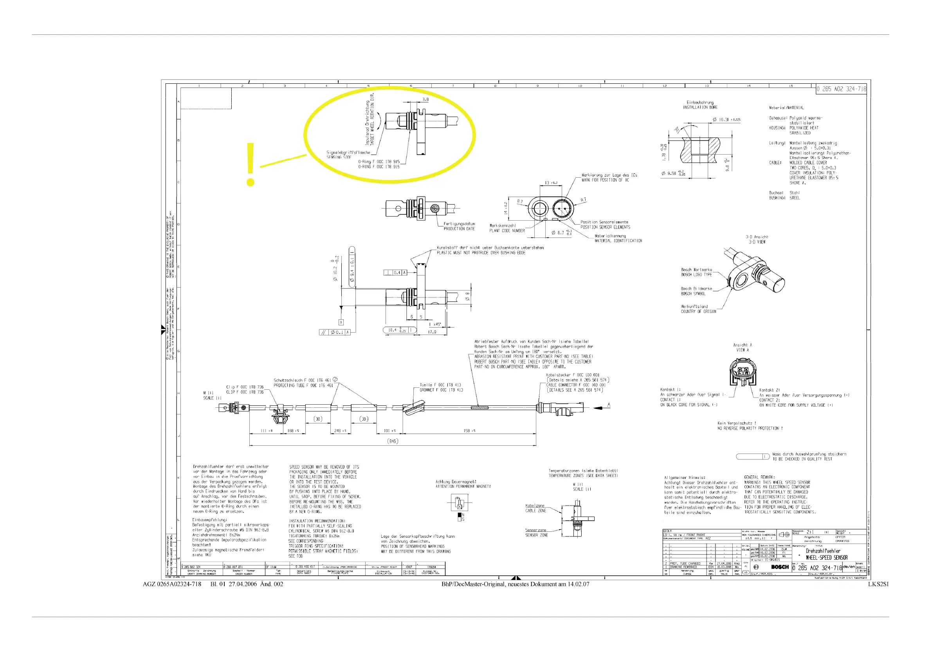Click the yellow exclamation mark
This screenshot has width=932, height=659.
pyautogui.click(x=251, y=164)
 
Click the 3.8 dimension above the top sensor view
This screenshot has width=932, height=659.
pyautogui.click(x=425, y=99)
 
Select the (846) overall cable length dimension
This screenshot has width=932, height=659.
pyautogui.click(x=392, y=441)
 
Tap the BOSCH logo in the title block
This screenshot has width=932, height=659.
pyautogui.click(x=779, y=567)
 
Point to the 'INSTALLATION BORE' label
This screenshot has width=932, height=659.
pyautogui.click(x=700, y=108)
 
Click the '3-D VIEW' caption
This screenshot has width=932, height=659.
pyautogui.click(x=757, y=242)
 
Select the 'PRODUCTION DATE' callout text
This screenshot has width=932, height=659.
pyautogui.click(x=459, y=229)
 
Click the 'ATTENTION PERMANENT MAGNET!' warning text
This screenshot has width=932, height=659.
pyautogui.click(x=463, y=486)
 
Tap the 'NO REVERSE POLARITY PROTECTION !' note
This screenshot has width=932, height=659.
pyautogui.click(x=750, y=428)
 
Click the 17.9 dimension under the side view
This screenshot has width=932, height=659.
pyautogui.click(x=432, y=332)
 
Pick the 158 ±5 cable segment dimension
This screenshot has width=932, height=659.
pyautogui.click(x=469, y=430)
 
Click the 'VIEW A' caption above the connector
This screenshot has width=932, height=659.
pyautogui.click(x=743, y=350)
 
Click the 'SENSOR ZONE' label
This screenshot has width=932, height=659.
pyautogui.click(x=536, y=535)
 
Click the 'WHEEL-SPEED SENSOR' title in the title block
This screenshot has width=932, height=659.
pyautogui.click(x=826, y=558)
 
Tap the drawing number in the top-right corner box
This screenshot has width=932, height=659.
pyautogui.click(x=841, y=89)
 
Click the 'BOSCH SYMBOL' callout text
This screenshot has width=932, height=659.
pyautogui.click(x=693, y=294)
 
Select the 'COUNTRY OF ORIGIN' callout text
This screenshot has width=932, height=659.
pyautogui.click(x=698, y=311)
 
